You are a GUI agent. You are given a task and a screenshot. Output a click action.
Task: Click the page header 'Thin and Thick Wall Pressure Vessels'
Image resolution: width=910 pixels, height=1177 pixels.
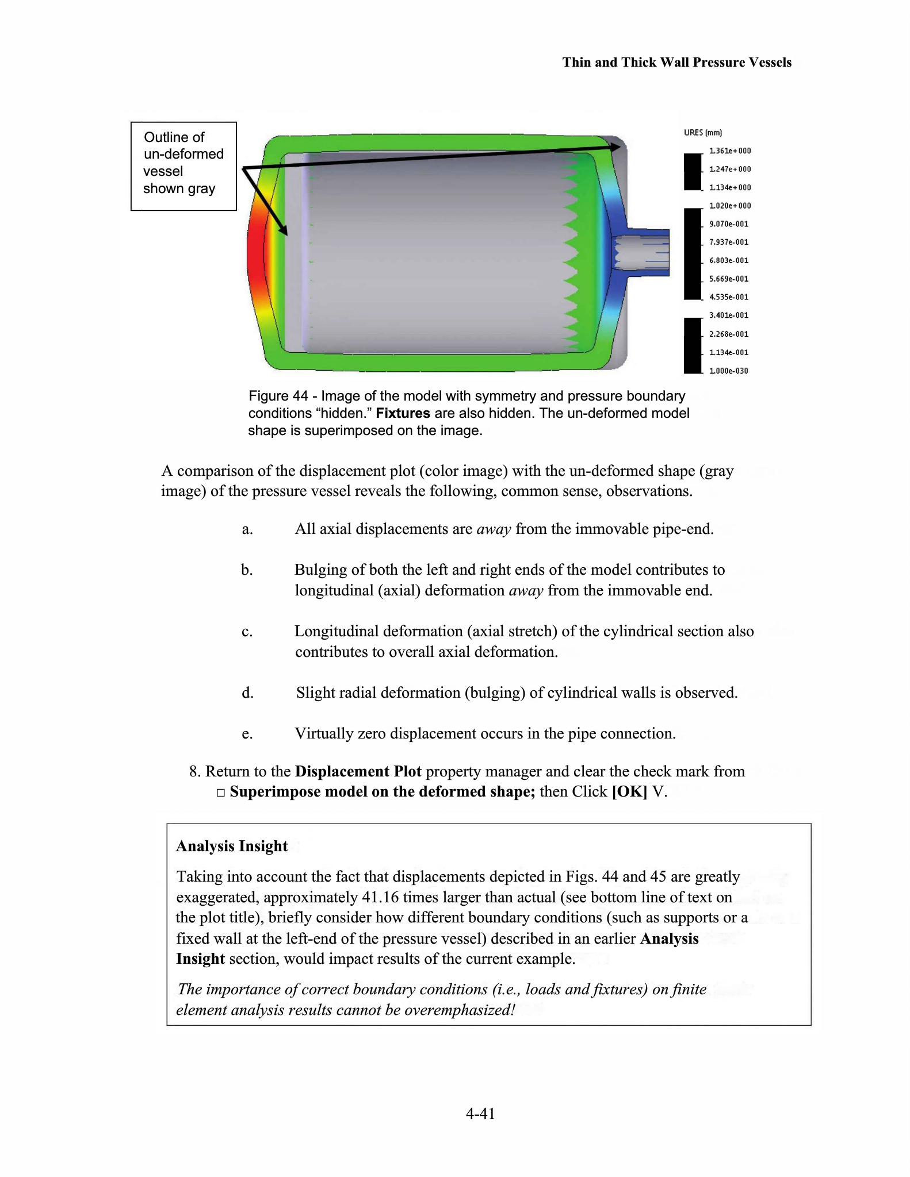[x=676, y=62]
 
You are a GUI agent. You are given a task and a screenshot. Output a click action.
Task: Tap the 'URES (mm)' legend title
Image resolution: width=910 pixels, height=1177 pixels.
[x=702, y=133]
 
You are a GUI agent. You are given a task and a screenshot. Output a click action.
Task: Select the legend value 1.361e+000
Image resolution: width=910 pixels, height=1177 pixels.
[x=730, y=151]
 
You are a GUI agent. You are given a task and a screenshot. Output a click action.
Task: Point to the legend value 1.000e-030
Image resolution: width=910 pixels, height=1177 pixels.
[x=729, y=371]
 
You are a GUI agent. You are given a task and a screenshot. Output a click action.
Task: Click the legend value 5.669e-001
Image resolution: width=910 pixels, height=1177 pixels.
[x=729, y=279]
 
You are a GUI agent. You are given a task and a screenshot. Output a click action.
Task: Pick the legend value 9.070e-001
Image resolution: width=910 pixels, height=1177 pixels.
[x=729, y=224]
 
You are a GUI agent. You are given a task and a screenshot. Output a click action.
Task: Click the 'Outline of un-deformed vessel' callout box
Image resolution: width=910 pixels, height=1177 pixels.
[x=183, y=166]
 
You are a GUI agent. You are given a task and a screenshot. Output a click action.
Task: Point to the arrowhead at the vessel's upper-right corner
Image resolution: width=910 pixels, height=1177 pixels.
[x=615, y=147]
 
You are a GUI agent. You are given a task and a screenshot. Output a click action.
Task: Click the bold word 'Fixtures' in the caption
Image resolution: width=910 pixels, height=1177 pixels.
[x=403, y=413]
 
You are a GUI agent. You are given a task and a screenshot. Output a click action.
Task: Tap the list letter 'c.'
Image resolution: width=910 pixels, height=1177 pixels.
[x=247, y=632]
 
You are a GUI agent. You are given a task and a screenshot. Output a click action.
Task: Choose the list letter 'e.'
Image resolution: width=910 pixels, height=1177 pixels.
[x=247, y=734]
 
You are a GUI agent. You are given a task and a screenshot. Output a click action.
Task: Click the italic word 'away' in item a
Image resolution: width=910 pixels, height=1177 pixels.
[x=494, y=529]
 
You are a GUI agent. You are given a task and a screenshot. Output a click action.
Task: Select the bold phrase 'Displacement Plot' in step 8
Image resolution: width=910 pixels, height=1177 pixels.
[x=358, y=771]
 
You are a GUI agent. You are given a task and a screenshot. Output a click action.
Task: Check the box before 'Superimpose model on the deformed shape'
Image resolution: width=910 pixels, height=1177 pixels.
[x=221, y=793]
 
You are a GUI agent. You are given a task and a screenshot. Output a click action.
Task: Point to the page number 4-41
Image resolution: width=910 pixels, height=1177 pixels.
[x=480, y=1114]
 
